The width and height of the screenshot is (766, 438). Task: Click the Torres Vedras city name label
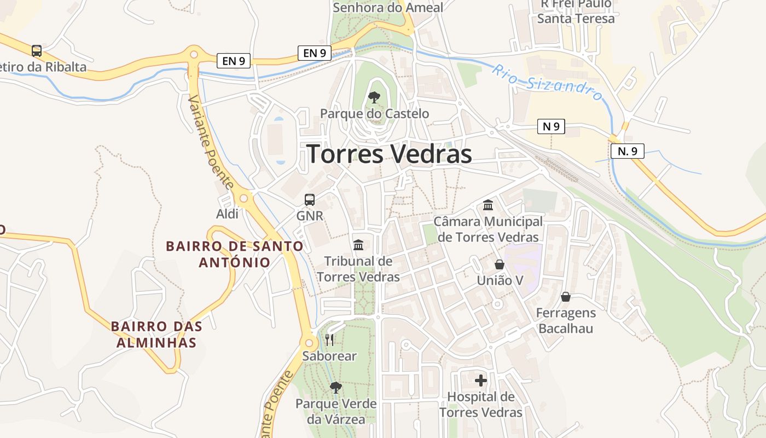389,154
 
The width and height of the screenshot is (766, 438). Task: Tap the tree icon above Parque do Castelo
374,97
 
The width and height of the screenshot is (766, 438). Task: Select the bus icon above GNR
310,200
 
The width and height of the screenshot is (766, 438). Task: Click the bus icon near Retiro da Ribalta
37,51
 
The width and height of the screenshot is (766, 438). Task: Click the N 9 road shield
551,126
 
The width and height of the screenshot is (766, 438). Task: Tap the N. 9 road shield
627,151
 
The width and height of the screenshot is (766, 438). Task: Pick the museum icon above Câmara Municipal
488,205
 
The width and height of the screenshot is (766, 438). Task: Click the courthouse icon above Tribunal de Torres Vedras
358,245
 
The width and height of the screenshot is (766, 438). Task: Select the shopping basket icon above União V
500,264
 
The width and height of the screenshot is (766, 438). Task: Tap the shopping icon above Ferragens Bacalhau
566,297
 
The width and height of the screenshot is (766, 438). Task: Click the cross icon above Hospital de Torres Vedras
481,381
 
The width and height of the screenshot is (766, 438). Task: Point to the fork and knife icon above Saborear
329,340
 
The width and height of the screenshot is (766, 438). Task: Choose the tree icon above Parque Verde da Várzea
336,388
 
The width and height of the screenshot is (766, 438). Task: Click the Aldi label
227,214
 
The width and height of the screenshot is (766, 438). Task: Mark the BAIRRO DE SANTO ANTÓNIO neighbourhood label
235,254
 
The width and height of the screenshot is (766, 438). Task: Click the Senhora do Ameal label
388,7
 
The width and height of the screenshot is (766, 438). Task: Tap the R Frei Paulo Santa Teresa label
576,11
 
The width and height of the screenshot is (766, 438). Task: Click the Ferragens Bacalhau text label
566,321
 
